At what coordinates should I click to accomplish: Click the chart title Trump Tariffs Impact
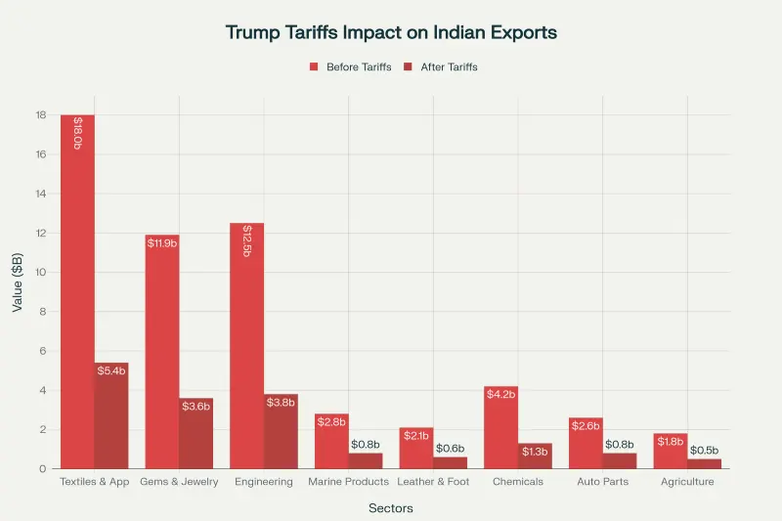[x=391, y=32]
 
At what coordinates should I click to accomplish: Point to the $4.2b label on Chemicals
[x=500, y=394]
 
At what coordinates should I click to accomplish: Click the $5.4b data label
[x=111, y=370]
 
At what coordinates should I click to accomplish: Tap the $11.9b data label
[x=162, y=242]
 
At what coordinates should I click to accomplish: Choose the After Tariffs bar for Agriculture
[x=704, y=464]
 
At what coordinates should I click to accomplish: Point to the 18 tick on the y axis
[x=41, y=115]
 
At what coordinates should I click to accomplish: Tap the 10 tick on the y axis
[x=41, y=273]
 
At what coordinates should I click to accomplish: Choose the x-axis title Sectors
[x=391, y=508]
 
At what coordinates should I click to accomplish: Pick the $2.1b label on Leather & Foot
[x=416, y=435]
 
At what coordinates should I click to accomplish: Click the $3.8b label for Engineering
[x=281, y=402]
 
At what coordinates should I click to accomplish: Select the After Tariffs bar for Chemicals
[x=535, y=456]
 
